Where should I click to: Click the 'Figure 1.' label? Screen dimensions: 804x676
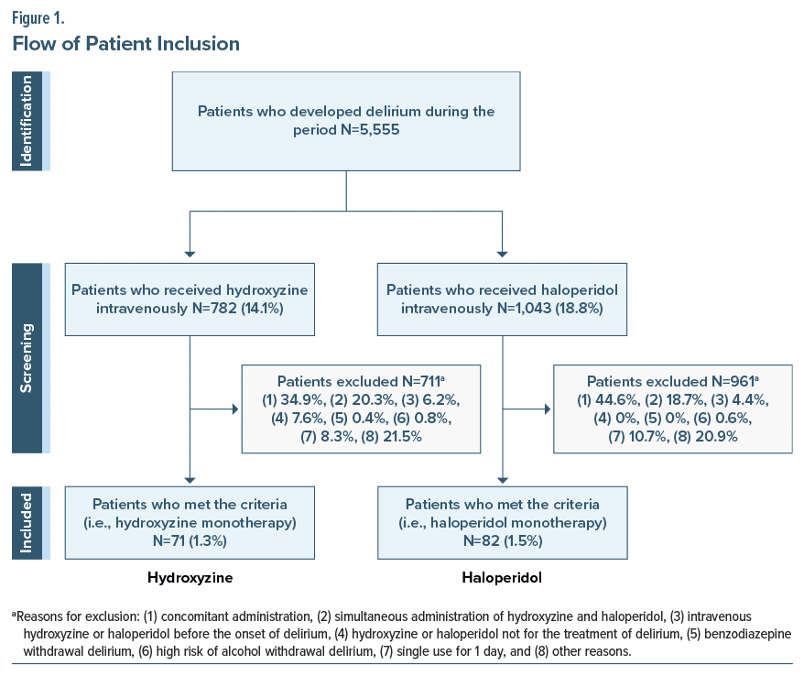[38, 18]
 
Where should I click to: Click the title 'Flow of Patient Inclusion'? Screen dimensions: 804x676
[126, 44]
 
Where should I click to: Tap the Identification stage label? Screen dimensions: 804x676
[27, 121]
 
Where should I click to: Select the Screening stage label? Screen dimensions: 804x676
[27, 358]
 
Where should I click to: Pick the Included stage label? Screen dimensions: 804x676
[27, 523]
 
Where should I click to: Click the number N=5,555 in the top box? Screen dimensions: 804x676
[370, 130]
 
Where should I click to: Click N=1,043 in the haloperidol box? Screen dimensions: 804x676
[524, 309]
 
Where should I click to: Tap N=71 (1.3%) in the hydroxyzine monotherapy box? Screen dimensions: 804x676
[190, 541]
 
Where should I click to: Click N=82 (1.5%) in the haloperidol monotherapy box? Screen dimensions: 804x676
[503, 541]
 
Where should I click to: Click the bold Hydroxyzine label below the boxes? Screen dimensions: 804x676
[190, 578]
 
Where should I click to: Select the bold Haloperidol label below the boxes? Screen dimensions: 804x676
[502, 578]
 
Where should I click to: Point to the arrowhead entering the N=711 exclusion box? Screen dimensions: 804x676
[236, 409]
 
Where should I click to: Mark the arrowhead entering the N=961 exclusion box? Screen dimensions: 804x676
[548, 409]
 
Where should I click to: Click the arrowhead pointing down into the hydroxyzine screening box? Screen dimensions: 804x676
[190, 255]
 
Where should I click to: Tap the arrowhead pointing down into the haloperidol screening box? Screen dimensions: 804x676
[503, 255]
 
